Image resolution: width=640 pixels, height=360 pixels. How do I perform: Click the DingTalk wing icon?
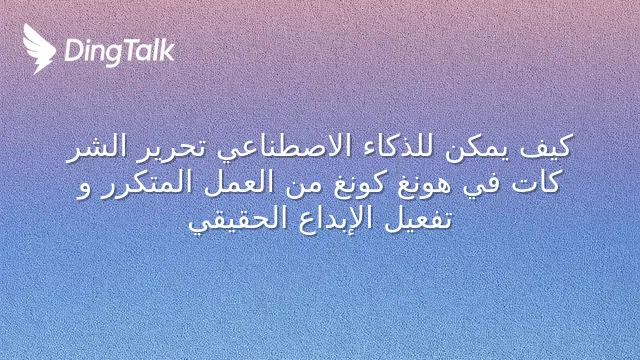(39, 49)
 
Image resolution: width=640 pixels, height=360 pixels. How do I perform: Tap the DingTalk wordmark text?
(120, 52)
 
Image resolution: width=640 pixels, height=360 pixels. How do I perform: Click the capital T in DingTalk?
(129, 50)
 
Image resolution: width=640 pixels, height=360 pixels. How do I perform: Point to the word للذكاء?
(392, 146)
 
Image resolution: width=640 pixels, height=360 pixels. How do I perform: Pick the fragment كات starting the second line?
(536, 182)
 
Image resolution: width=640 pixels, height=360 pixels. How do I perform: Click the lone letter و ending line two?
(83, 189)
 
